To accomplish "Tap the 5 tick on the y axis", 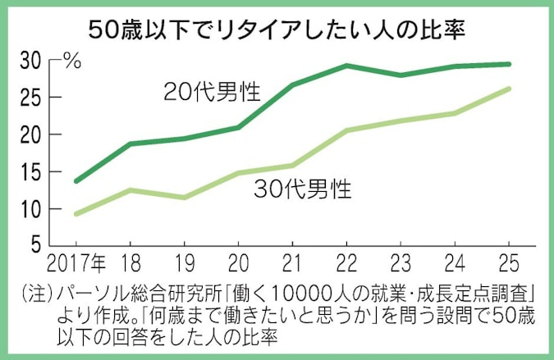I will [36, 245].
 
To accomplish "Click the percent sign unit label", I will [73, 61].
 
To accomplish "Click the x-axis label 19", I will [185, 264].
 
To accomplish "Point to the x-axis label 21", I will [293, 264].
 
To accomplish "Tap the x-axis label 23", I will [401, 264].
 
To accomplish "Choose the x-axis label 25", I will [510, 264].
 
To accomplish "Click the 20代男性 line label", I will [211, 90].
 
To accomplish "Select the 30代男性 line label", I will [301, 190].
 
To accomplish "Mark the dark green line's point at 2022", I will [347, 66].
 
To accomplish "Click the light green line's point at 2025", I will [510, 89].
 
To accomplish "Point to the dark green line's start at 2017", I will [76, 181].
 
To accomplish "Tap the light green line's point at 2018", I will [130, 190].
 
